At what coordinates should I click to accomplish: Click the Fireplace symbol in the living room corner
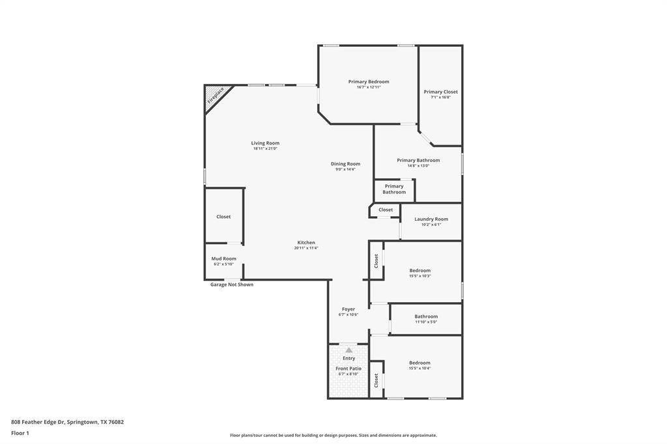[x=215, y=96]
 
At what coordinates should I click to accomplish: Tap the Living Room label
[x=265, y=143]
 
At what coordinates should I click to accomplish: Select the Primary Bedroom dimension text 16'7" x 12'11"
[x=369, y=87]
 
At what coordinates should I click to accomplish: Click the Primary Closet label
[x=440, y=92]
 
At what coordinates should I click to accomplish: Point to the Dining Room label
[x=345, y=164]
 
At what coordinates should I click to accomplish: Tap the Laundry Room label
[x=431, y=219]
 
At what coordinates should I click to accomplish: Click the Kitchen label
[x=306, y=243]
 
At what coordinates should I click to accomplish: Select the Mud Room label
[x=223, y=258]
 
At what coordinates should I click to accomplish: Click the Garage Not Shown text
[x=231, y=284]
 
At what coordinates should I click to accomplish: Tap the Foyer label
[x=348, y=309]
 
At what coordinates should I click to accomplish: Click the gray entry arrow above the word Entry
[x=348, y=350]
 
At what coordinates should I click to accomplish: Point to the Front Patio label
[x=348, y=368]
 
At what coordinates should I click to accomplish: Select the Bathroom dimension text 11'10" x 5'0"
[x=426, y=322]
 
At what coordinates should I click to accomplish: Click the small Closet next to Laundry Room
[x=386, y=210]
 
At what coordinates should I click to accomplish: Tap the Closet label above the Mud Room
[x=223, y=217]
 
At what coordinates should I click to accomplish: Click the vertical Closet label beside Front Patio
[x=376, y=380]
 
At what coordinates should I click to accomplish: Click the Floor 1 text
[x=21, y=433]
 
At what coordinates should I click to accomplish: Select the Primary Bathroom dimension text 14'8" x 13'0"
[x=418, y=165]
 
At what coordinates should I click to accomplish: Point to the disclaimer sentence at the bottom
[x=333, y=436]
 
